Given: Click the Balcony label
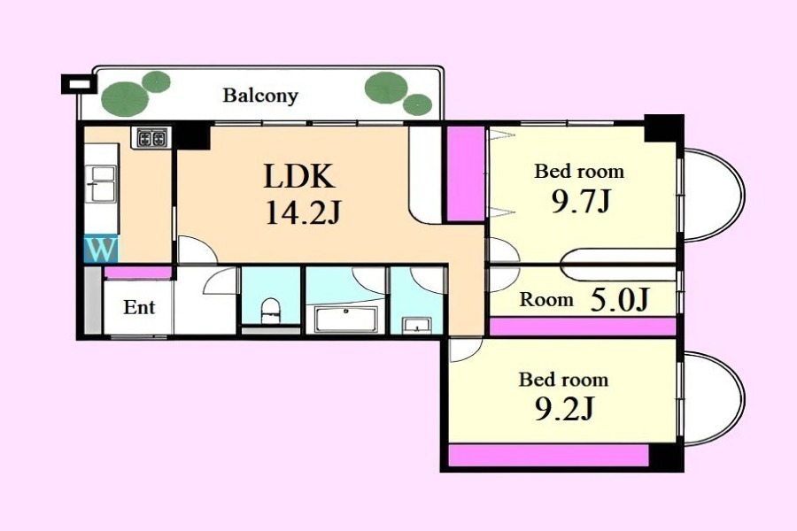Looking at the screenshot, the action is point(260,96).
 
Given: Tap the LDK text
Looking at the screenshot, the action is point(299,176).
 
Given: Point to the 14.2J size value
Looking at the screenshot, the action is point(303,212).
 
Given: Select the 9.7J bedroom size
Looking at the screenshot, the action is point(580,202).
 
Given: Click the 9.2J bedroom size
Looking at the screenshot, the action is point(564,409).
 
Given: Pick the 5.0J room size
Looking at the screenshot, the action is point(620,299).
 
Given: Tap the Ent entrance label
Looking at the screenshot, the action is point(139,307).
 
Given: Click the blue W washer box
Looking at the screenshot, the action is point(101,249).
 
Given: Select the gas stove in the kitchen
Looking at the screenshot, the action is point(151,138).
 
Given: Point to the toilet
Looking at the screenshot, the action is point(270,311).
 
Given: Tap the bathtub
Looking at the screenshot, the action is point(345,319).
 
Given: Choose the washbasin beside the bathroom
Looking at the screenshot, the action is point(416,324).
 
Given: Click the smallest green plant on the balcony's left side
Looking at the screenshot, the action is point(156,81).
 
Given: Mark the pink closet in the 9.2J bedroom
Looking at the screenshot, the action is point(549,455).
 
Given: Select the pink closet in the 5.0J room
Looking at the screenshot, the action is point(583,327).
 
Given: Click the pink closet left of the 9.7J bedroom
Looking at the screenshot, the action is point(466,173).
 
